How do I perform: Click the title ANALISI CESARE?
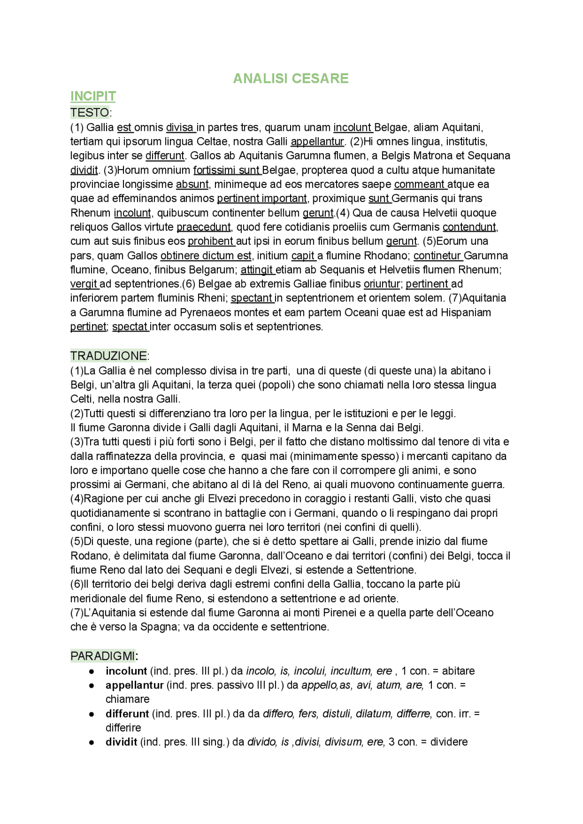291,78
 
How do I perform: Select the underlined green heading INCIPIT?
93,96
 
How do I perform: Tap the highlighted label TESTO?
90,112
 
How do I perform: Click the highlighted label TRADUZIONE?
108,355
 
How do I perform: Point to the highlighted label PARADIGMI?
103,656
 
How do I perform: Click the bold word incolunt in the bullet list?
126,671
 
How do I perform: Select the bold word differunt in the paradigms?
127,714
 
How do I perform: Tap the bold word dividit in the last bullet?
121,742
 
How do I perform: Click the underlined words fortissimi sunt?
227,170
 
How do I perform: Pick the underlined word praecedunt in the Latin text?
204,227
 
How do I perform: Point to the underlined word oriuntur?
382,284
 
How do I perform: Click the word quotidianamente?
113,513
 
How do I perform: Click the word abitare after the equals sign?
458,671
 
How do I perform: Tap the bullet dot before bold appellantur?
92,685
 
